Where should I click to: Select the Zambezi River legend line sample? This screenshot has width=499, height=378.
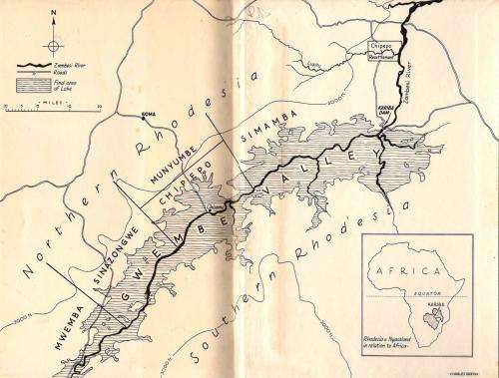point(31,65)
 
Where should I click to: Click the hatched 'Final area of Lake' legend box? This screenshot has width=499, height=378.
point(31,85)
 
